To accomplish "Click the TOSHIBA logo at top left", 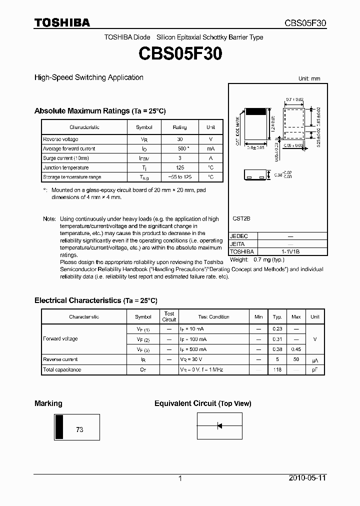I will point(62,22).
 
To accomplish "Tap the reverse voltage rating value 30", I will point(179,139).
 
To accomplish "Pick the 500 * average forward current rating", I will point(180,148).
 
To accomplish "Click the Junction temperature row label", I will point(65,167).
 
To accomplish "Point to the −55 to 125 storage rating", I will point(179,177).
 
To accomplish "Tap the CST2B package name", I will point(241,218).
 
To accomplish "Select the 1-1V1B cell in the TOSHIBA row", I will point(290,251).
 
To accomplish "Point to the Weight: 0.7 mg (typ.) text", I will point(256,260).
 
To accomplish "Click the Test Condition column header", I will point(213,316).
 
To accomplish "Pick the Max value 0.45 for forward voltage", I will point(296,349).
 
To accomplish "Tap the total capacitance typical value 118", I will point(277,369).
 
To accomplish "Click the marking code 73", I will point(79,429).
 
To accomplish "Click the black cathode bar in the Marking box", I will point(59,426).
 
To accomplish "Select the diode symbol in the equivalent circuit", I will point(219,426).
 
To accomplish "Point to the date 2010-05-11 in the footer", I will point(307,478).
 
